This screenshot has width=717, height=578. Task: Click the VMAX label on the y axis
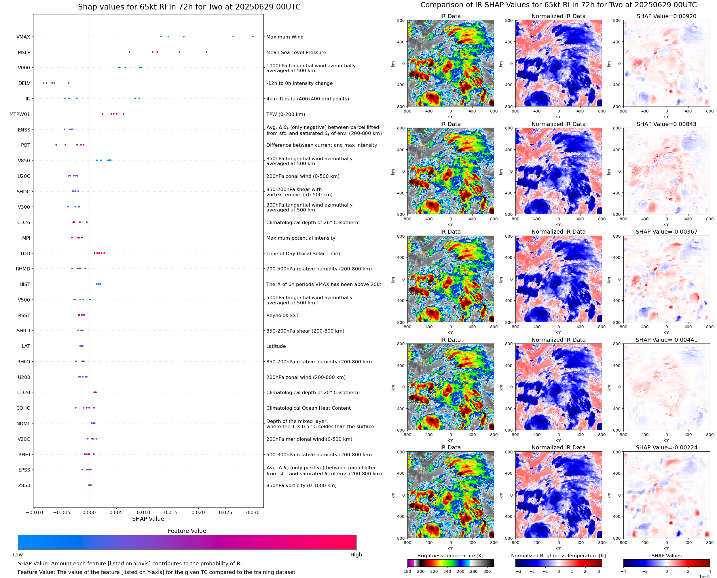[23, 37]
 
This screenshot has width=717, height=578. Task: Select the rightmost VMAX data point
[253, 37]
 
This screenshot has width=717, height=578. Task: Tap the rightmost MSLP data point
[206, 52]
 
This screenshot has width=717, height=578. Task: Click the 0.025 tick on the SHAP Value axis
[225, 512]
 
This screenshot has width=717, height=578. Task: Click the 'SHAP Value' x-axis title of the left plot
[148, 519]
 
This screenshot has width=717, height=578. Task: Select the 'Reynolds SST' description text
[282, 315]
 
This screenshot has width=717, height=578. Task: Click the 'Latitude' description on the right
[276, 346]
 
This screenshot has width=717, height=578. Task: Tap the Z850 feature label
[24, 485]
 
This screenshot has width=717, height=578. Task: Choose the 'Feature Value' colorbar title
[187, 531]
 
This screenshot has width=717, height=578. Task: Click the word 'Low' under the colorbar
[18, 555]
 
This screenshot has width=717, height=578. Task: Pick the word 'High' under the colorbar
[356, 555]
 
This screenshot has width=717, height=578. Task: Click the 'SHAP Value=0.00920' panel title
[666, 16]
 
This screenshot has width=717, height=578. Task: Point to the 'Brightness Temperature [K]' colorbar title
[450, 556]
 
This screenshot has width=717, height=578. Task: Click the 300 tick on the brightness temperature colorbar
[487, 571]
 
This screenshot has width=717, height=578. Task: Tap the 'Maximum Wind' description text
[285, 37]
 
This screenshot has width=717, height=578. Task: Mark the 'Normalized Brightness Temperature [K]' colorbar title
[558, 556]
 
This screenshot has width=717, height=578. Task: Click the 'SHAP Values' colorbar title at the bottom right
[666, 556]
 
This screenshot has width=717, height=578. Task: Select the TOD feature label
[25, 253]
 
